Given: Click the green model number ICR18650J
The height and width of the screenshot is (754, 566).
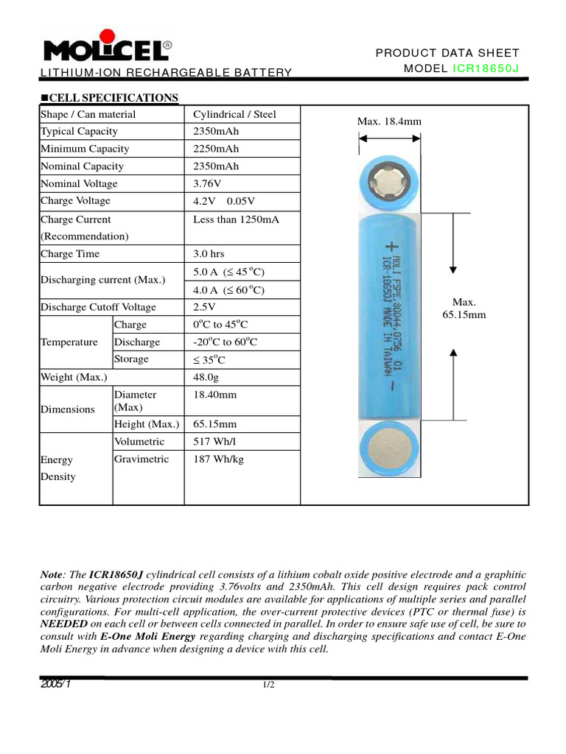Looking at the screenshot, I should (486, 68).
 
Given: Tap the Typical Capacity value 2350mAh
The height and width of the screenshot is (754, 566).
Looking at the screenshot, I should (216, 132).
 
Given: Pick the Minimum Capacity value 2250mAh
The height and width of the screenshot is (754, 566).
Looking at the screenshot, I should (216, 149).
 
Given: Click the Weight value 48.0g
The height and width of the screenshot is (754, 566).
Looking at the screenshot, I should (207, 377).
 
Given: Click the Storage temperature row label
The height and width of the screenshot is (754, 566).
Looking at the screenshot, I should (131, 359).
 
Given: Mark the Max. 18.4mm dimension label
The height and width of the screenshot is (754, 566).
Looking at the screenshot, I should (389, 121).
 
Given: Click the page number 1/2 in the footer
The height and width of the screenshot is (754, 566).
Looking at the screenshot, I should (269, 686).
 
